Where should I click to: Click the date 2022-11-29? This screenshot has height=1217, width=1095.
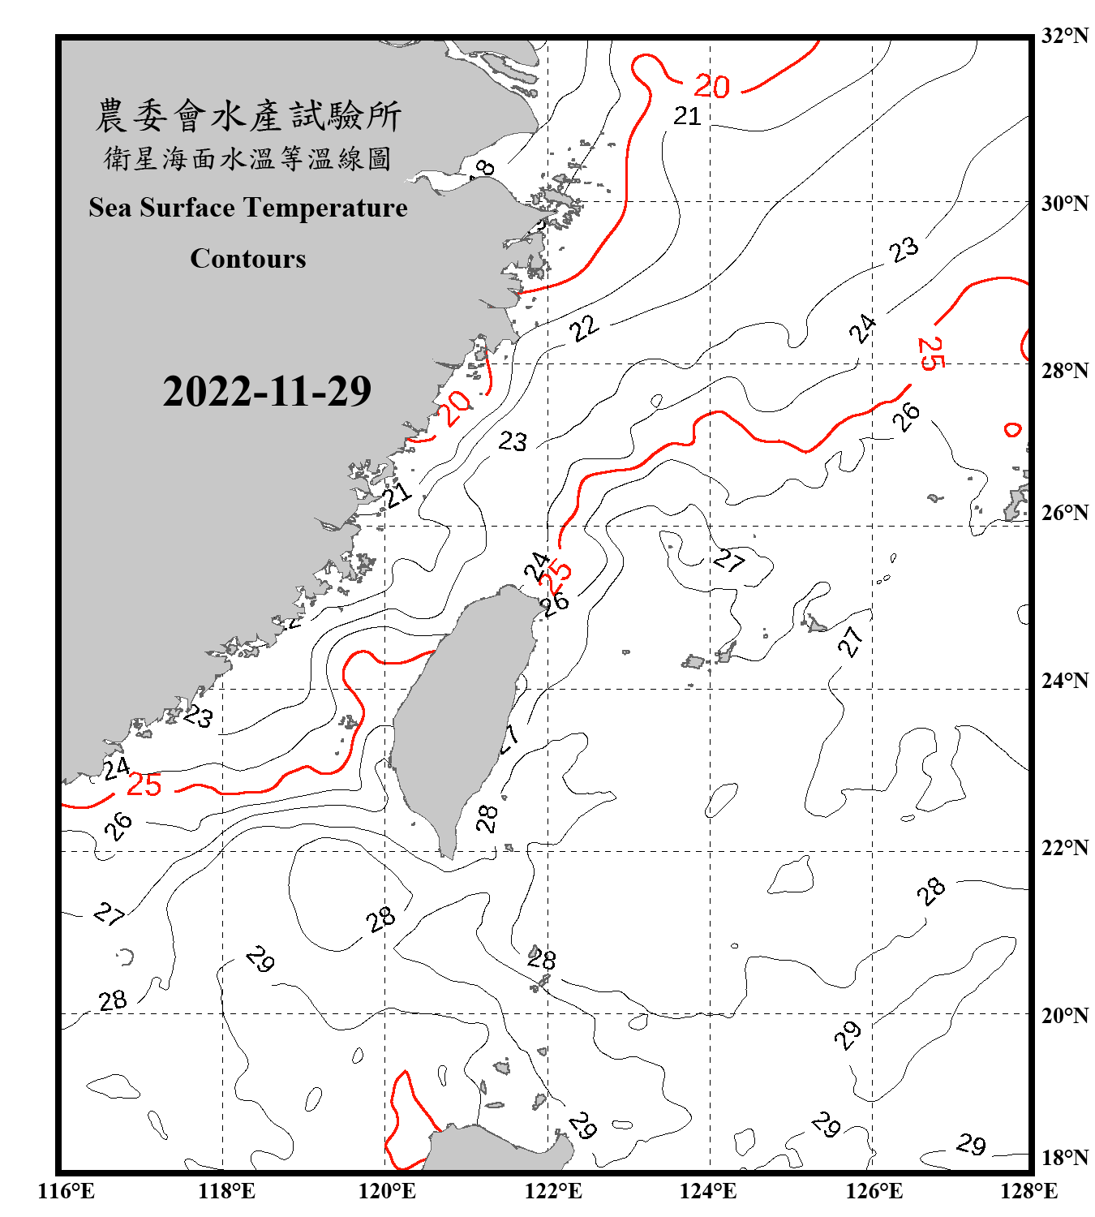[x=267, y=391]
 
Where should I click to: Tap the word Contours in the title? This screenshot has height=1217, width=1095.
[x=248, y=258]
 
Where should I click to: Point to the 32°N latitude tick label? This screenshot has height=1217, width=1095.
[x=1063, y=35]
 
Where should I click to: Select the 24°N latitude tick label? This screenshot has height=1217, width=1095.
[x=1063, y=680]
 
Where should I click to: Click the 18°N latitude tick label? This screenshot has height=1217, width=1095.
[x=1063, y=1156]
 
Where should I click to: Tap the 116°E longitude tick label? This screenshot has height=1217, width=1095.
[x=66, y=1191]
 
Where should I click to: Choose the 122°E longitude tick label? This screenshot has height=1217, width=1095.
[x=553, y=1191]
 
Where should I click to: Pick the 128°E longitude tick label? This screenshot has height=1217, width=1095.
[x=1028, y=1191]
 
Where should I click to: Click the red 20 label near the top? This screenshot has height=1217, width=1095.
[x=711, y=86]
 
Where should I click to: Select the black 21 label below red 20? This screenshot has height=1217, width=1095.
[x=687, y=117]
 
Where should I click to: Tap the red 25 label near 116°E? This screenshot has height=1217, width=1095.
[x=144, y=785]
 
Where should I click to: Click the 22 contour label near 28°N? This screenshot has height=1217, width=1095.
[x=583, y=329]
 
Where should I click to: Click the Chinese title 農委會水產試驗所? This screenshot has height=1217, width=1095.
[x=248, y=115]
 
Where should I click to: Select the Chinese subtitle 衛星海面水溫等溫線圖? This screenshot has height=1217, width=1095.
[x=248, y=158]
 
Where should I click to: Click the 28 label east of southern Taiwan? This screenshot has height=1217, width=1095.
[x=487, y=818]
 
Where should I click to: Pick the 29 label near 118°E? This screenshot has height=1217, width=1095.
[x=260, y=959]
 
